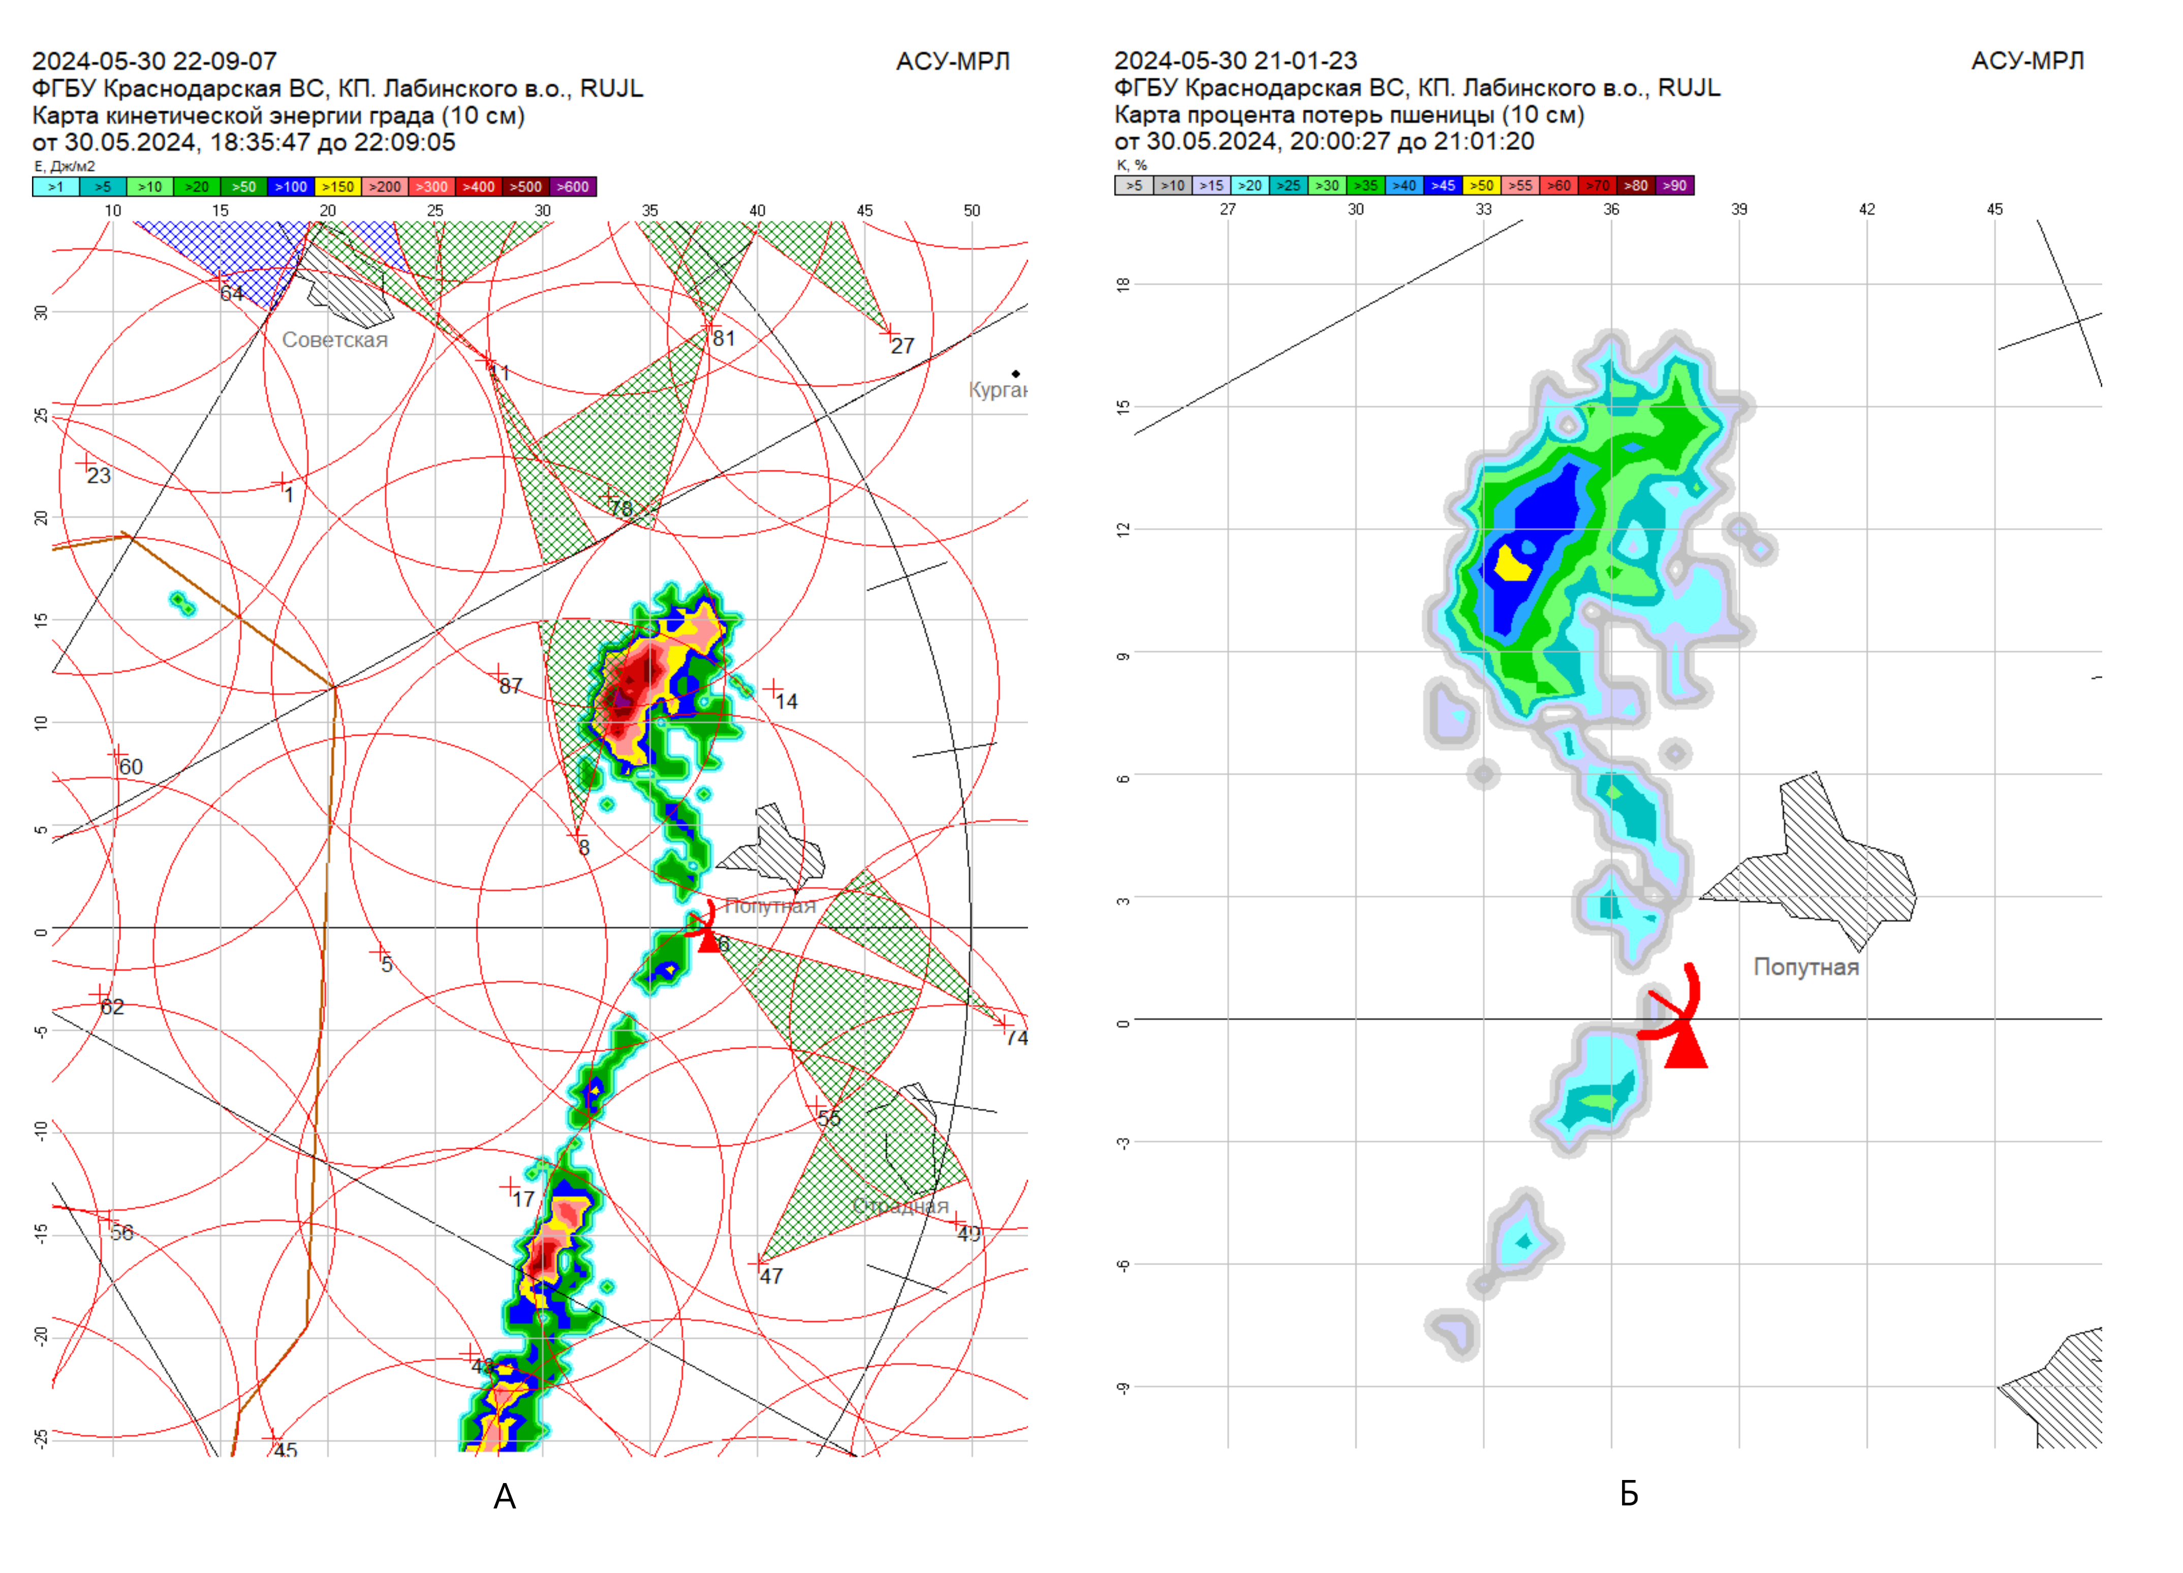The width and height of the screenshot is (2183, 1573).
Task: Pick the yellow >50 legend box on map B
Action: [x=1481, y=186]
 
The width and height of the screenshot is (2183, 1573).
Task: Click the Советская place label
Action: [x=335, y=340]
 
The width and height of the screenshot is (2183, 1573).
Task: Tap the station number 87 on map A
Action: [x=510, y=686]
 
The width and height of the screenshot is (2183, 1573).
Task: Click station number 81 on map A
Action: [x=724, y=338]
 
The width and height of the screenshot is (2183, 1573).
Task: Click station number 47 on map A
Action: [x=771, y=1277]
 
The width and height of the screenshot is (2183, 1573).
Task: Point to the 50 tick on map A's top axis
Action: [x=972, y=210]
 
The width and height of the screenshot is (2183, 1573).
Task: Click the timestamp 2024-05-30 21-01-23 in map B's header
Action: [x=1235, y=60]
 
